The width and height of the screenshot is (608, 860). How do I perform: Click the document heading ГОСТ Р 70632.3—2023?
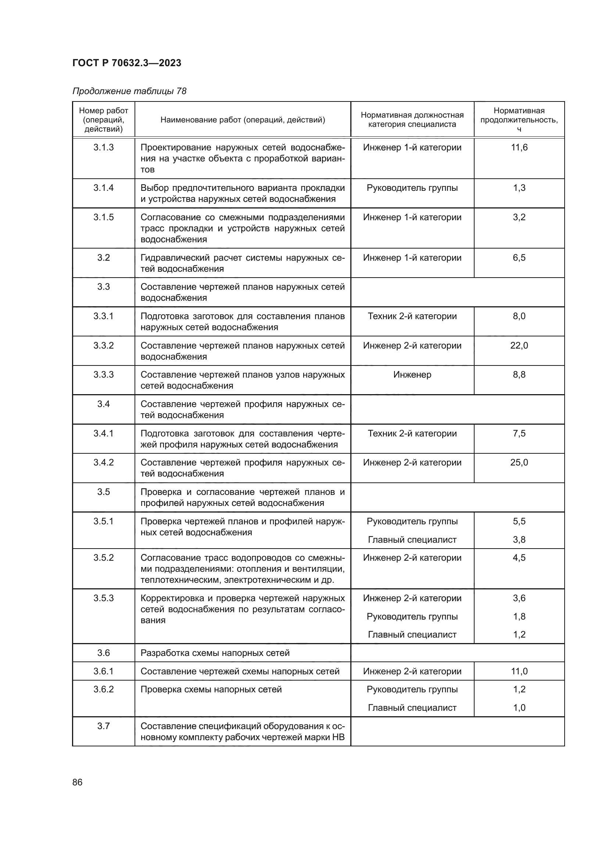coord(126,63)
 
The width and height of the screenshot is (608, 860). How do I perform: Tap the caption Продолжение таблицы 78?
coord(129,91)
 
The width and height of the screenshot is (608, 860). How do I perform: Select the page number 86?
coord(77,782)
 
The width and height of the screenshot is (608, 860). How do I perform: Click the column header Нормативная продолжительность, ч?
coord(519,119)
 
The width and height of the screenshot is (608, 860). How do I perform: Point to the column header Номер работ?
coord(103,119)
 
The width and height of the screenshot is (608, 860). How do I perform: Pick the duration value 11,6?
coord(519,147)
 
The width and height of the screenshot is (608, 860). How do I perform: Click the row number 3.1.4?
coord(103,188)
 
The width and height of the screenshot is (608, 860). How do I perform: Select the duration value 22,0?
coord(519,345)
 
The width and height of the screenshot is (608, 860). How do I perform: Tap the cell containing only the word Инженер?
coord(412,375)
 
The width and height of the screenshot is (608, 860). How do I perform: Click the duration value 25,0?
coord(519,463)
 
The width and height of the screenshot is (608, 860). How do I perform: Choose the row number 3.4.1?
coord(103,433)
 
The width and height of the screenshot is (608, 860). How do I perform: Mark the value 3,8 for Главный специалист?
coord(519,539)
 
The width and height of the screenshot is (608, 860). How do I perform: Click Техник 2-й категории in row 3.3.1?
coord(412,316)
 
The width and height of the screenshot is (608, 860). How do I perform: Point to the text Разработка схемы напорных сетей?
coord(215,653)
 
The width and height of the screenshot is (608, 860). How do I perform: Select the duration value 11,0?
coord(519,671)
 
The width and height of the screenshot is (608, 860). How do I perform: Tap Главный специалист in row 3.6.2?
coord(412,707)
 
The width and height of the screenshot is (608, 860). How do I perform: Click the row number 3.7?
coord(103,726)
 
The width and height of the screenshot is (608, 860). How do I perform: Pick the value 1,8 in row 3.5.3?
coord(519,617)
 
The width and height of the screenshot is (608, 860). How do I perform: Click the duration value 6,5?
coord(519,258)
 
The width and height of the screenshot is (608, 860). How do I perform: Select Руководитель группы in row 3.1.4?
coord(412,188)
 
